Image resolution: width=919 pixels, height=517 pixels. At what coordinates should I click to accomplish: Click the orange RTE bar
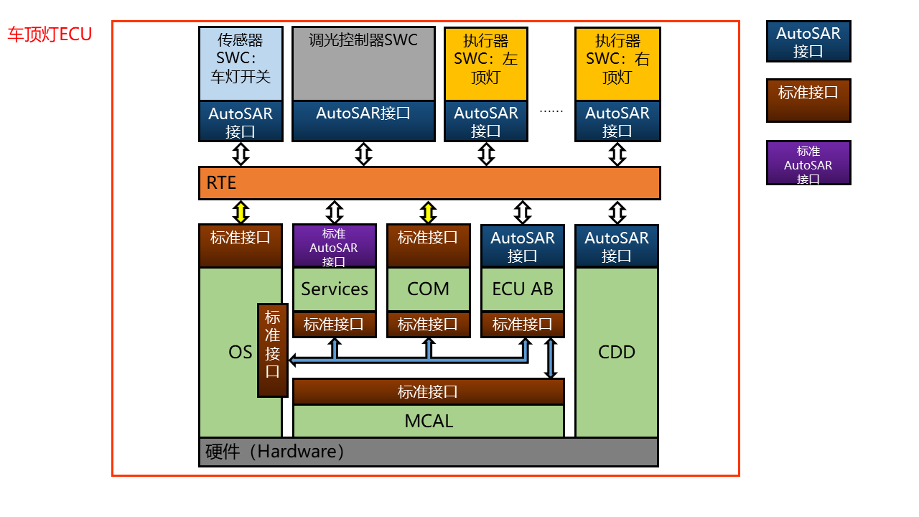pyautogui.click(x=429, y=183)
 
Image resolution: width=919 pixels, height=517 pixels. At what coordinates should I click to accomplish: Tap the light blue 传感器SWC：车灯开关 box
pyautogui.click(x=241, y=63)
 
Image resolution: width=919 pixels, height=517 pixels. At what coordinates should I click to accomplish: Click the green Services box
pyautogui.click(x=335, y=289)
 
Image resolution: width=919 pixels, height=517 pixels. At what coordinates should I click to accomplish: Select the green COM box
pyautogui.click(x=429, y=289)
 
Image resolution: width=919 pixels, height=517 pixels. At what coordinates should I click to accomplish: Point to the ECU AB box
pyautogui.click(x=523, y=289)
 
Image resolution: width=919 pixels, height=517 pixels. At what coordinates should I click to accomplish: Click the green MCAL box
pyautogui.click(x=429, y=421)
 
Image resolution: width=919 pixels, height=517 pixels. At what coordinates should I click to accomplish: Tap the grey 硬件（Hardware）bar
pyautogui.click(x=429, y=452)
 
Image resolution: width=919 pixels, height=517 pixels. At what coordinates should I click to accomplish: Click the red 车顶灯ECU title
pyautogui.click(x=50, y=34)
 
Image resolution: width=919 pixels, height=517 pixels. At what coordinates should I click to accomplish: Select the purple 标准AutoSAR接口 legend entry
pyautogui.click(x=808, y=163)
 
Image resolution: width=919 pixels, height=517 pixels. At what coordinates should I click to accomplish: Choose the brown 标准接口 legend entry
pyautogui.click(x=808, y=101)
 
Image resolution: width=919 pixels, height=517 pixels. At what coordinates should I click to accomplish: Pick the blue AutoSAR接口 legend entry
pyautogui.click(x=808, y=42)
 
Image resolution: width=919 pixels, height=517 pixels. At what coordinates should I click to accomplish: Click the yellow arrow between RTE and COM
pyautogui.click(x=429, y=213)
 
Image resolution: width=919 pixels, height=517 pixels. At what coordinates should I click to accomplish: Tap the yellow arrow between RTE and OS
pyautogui.click(x=241, y=213)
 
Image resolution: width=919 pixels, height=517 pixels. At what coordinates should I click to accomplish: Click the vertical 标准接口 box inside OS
pyautogui.click(x=273, y=350)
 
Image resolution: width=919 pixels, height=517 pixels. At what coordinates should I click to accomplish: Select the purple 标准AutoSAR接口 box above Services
pyautogui.click(x=335, y=246)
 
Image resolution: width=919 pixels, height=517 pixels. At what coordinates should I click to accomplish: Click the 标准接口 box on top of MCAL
pyautogui.click(x=429, y=392)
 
